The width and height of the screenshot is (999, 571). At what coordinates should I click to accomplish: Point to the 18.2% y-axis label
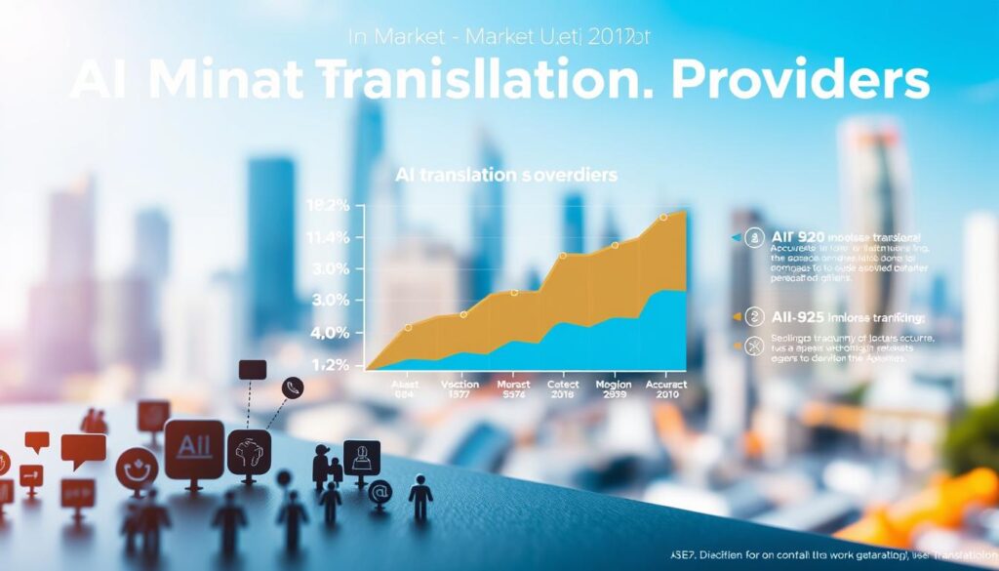coord(328,206)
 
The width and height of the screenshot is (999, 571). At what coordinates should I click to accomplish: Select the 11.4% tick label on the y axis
coord(328,237)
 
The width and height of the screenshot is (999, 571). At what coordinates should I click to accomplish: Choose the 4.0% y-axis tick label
coord(328,333)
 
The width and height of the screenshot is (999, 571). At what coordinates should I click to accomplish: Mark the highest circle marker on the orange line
coord(663,218)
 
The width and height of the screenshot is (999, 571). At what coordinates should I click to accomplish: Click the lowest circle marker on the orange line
coord(408,328)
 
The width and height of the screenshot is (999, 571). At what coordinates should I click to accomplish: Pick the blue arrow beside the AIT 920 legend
coord(734,237)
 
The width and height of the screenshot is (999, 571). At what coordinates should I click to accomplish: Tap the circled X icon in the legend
coord(752,344)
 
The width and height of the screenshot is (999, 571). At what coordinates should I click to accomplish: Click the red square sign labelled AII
coord(193,448)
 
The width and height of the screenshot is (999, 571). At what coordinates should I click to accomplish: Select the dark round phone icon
coord(292,387)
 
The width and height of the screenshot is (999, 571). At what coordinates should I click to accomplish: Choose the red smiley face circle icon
coord(136,469)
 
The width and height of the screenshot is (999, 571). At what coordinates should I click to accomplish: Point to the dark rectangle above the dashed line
coord(252,369)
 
